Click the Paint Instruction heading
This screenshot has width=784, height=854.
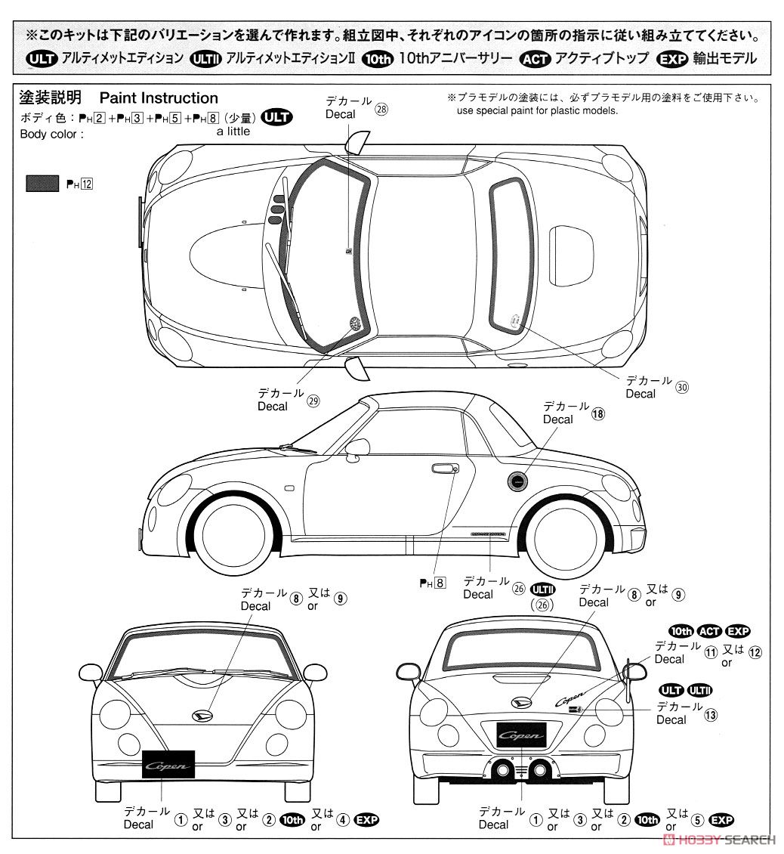pyautogui.click(x=159, y=98)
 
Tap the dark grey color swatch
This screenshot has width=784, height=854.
pyautogui.click(x=42, y=183)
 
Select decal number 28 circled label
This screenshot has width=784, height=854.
pyautogui.click(x=381, y=108)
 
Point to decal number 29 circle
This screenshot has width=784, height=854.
pyautogui.click(x=313, y=402)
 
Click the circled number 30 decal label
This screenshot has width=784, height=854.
pyautogui.click(x=682, y=386)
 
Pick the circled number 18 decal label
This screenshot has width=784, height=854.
pyautogui.click(x=598, y=413)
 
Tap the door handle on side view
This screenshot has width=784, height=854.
pyautogui.click(x=445, y=469)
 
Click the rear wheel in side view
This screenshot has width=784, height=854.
pyautogui.click(x=564, y=532)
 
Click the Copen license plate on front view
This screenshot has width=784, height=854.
pyautogui.click(x=168, y=766)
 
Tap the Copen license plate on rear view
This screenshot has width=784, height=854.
pyautogui.click(x=521, y=735)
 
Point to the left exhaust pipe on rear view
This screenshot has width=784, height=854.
pyautogui.click(x=499, y=771)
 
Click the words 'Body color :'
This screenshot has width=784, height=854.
pyautogui.click(x=51, y=134)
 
